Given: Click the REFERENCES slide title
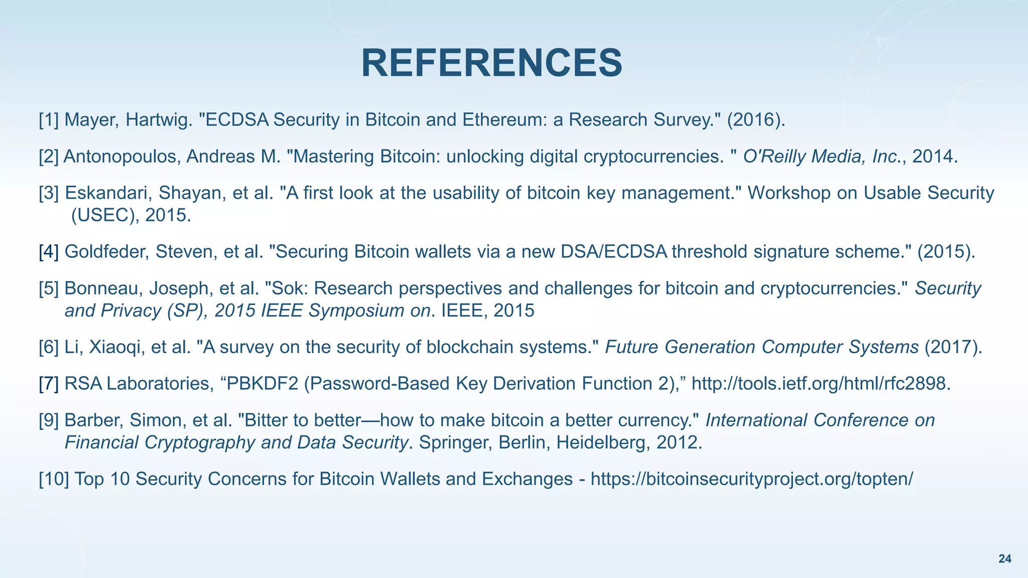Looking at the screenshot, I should pyautogui.click(x=491, y=63).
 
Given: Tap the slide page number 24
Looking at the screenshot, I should pyautogui.click(x=1005, y=559).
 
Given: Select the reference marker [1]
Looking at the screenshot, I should pyautogui.click(x=49, y=120).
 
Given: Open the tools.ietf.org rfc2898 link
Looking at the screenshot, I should pyautogui.click(x=821, y=384).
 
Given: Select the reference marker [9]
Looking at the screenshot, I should pyautogui.click(x=49, y=420).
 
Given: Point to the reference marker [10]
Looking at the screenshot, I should pyautogui.click(x=54, y=479).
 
